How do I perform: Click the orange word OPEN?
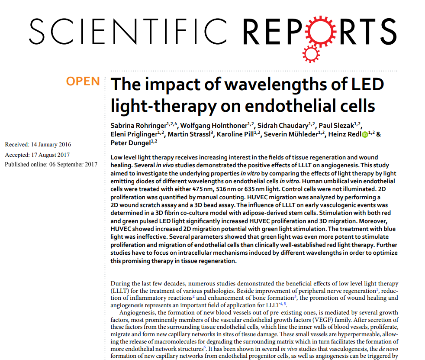tap(83, 81)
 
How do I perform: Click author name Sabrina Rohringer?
tap(138, 126)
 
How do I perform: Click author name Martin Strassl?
tap(189, 134)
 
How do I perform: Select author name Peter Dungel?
tap(130, 143)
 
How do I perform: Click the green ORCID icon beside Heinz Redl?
tap(364, 135)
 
